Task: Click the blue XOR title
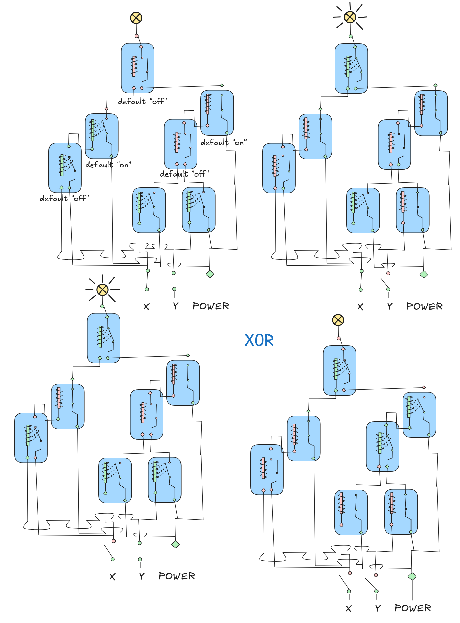tap(259, 340)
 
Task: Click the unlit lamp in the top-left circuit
tap(136, 18)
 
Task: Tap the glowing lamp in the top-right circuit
tap(350, 17)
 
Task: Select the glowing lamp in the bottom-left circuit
tap(102, 289)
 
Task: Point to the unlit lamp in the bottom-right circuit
tap(338, 320)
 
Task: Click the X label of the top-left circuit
tap(146, 307)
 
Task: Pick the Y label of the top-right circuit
tap(390, 306)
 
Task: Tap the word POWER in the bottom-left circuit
tap(177, 576)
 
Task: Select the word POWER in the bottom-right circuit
tap(413, 608)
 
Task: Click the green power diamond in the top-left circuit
tap(210, 274)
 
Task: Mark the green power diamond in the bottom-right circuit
tap(412, 576)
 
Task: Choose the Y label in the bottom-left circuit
tap(142, 576)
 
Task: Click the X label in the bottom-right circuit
tap(349, 609)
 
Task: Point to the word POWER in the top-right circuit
tap(424, 306)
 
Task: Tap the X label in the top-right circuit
tap(360, 307)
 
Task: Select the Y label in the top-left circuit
tap(176, 306)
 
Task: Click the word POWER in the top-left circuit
tap(210, 306)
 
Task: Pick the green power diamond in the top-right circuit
tap(424, 274)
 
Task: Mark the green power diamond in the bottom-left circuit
tap(175, 544)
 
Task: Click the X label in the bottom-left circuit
tap(112, 577)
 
